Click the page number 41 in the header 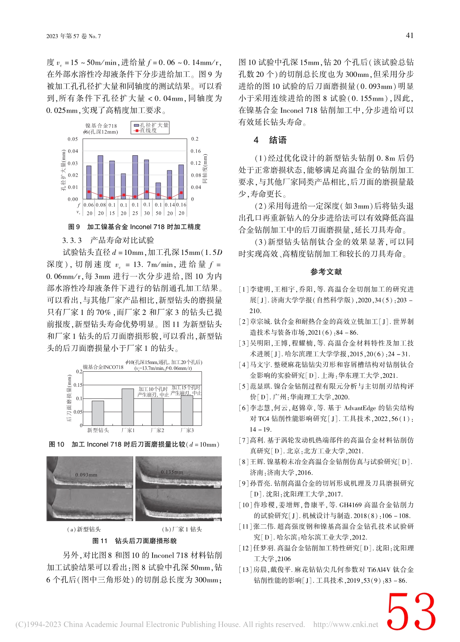409,36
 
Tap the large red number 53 411,612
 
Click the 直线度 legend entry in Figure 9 146,131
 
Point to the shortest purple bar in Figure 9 158,191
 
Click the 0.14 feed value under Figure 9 170,205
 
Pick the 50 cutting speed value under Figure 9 158,213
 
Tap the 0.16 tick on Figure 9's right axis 196,151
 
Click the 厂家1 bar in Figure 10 128,407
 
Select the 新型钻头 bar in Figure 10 98,413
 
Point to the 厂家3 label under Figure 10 187,430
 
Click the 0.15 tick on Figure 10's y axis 78,385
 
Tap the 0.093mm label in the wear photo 86,475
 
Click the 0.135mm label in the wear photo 172,472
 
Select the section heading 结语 278,140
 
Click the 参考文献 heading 326,272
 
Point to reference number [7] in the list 244,440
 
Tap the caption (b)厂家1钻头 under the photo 182,529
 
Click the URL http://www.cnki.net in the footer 345,624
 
